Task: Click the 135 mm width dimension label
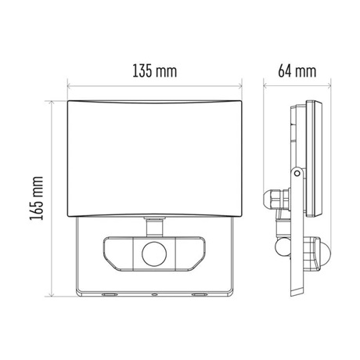coord(152,70)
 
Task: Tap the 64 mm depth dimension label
coord(297,70)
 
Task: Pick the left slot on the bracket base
coord(108,295)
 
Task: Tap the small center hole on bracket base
coord(153,295)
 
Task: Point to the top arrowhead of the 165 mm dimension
coord(53,103)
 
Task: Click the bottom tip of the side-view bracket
coord(293,293)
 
